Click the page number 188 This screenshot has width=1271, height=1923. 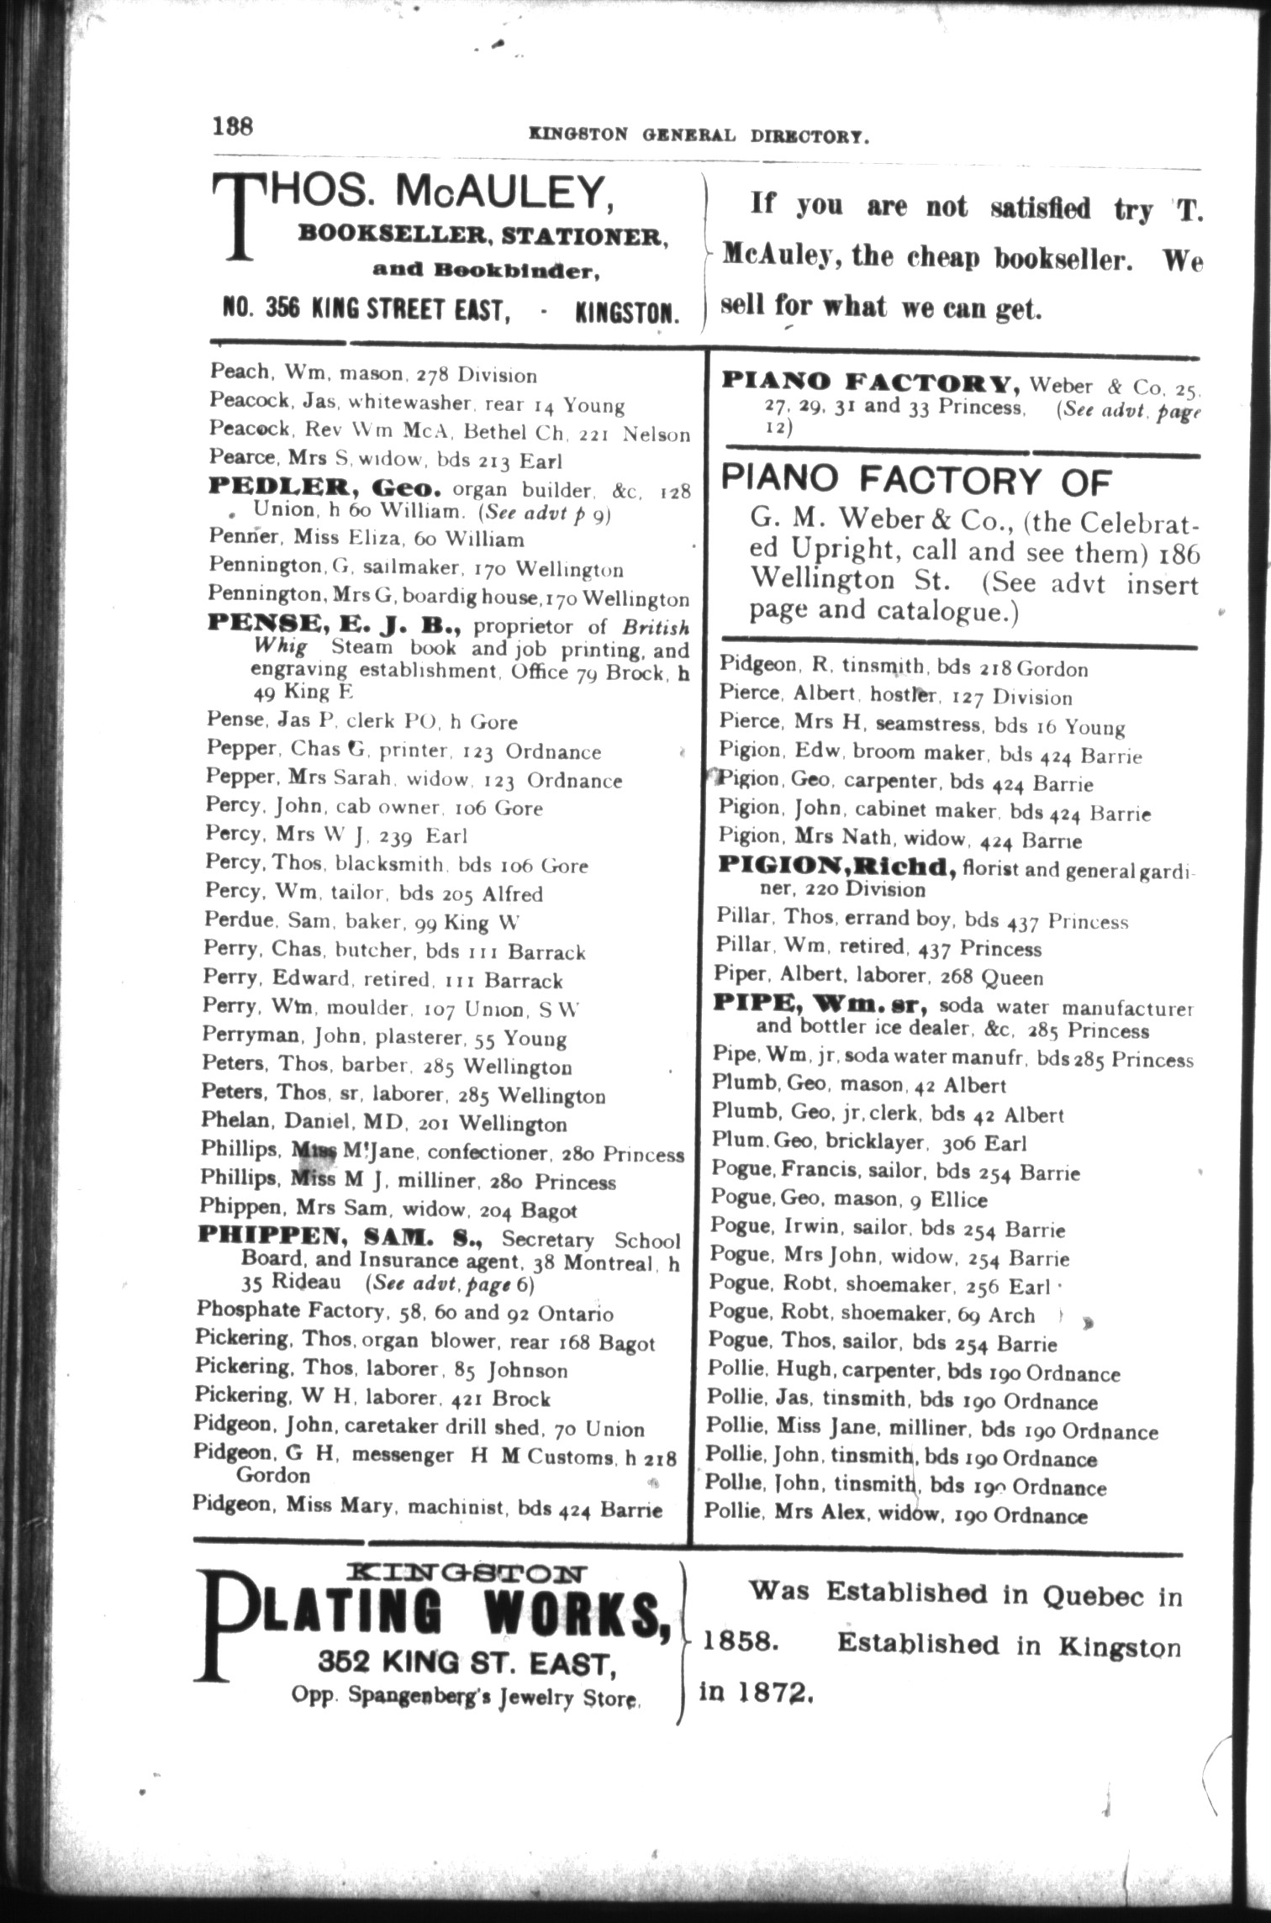tap(232, 127)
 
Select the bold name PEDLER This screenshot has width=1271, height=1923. tap(279, 487)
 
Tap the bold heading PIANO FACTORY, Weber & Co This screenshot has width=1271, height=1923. tap(871, 384)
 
